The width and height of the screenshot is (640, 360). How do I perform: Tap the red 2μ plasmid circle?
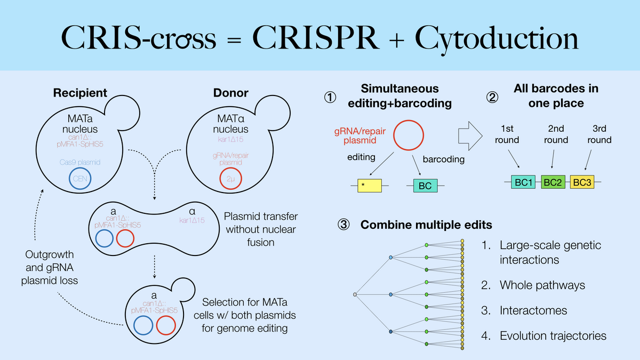click(230, 180)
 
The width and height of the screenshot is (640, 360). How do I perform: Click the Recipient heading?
click(80, 93)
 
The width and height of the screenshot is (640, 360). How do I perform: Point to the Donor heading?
click(230, 93)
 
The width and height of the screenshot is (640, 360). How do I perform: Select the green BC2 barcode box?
click(554, 182)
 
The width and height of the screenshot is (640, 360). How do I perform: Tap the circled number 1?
click(331, 96)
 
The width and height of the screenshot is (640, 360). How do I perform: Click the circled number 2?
click(492, 96)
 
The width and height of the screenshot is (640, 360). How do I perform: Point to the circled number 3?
click(343, 225)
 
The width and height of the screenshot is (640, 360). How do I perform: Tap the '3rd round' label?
click(599, 134)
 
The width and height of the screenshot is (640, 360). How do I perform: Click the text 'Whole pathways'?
click(542, 285)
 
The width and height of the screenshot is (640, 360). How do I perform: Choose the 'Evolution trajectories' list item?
click(553, 336)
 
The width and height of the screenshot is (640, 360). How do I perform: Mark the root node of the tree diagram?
click(355, 294)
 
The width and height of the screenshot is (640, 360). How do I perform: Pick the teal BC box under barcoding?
click(426, 186)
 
